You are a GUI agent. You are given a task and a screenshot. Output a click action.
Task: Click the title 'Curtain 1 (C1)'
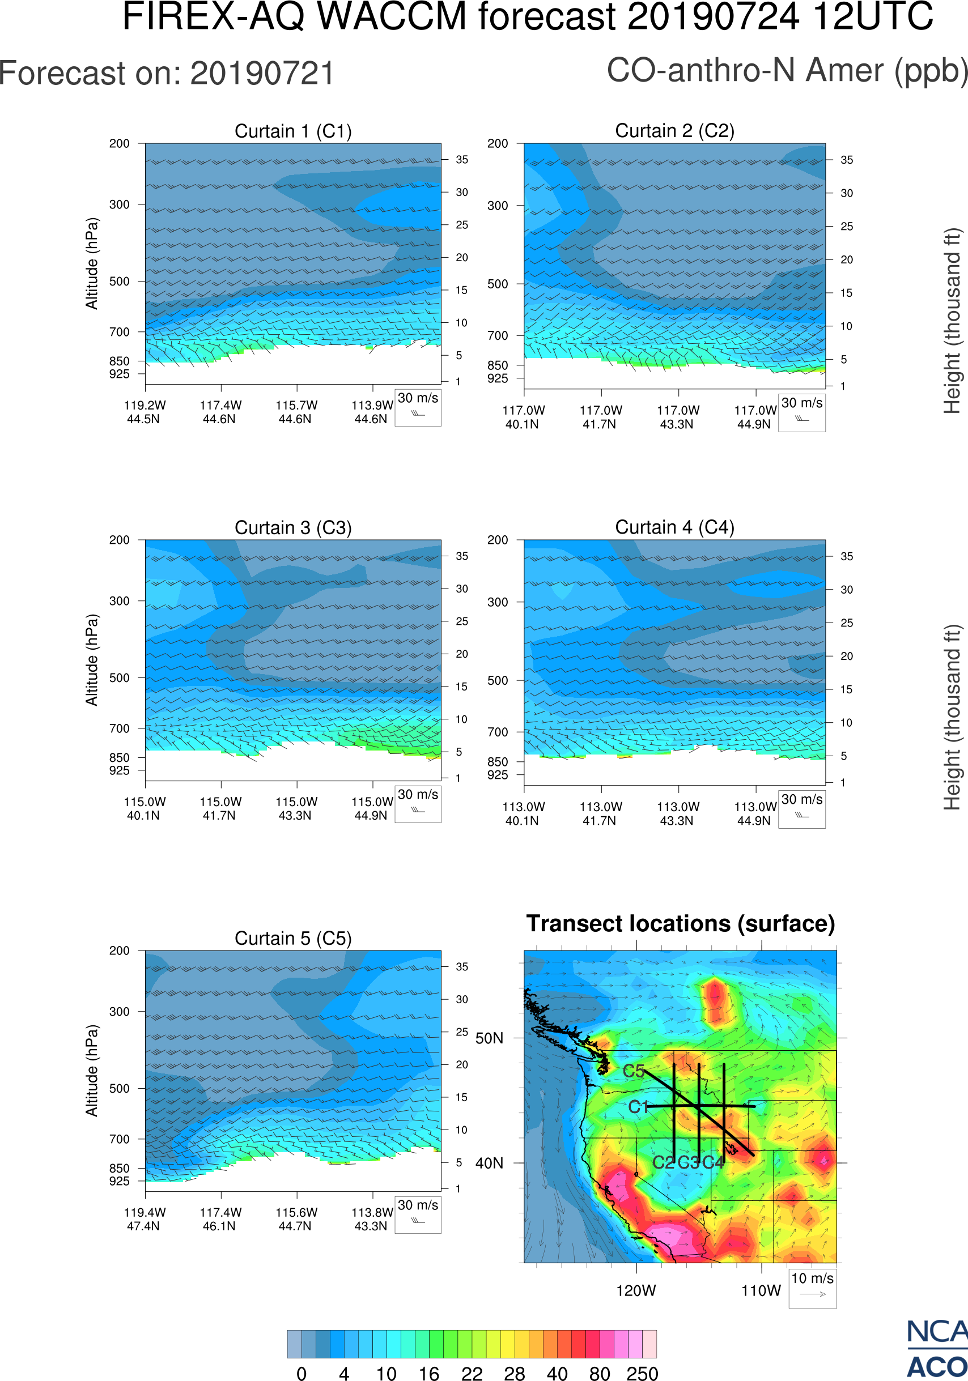click(x=293, y=131)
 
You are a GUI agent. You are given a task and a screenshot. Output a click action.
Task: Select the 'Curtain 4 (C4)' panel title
click(x=674, y=527)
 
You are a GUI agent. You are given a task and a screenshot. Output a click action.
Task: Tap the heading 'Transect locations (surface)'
click(x=681, y=923)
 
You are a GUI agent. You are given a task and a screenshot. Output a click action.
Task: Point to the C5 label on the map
click(x=634, y=1071)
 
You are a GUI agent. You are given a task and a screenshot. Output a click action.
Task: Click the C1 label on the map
click(x=638, y=1107)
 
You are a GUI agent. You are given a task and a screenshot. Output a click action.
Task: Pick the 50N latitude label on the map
click(x=489, y=1038)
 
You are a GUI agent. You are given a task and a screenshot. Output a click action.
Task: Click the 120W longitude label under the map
click(x=636, y=1291)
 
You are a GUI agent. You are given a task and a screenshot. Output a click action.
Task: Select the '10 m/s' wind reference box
click(x=812, y=1287)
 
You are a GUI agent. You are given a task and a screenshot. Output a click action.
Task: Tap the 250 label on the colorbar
click(x=642, y=1373)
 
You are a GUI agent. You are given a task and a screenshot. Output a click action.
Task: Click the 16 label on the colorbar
click(x=429, y=1373)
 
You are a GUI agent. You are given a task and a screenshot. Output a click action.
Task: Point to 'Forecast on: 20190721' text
click(x=167, y=74)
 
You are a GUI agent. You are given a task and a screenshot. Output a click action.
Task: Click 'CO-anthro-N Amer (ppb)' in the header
click(x=787, y=70)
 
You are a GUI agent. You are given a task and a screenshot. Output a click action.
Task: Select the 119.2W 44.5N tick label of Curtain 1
click(x=145, y=412)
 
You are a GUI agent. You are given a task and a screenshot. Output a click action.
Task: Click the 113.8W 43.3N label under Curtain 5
click(x=372, y=1219)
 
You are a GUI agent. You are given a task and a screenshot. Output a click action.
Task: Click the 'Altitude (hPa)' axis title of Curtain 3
click(x=91, y=660)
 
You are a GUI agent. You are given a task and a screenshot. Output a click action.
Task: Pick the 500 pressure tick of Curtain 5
click(x=119, y=1088)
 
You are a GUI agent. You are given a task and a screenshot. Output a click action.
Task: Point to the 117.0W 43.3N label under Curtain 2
click(x=677, y=417)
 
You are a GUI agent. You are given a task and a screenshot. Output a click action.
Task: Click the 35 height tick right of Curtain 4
click(x=847, y=556)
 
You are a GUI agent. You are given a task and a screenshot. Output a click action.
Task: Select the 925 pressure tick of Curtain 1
click(x=119, y=373)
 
